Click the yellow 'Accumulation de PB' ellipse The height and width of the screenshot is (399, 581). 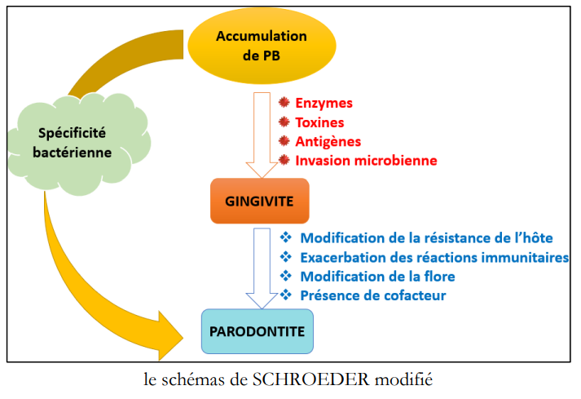(x=262, y=46)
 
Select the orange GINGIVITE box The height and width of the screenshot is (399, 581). (x=259, y=201)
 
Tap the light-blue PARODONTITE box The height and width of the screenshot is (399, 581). (x=257, y=331)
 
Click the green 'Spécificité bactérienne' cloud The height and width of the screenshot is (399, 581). (x=78, y=144)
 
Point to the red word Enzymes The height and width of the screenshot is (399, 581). (x=324, y=103)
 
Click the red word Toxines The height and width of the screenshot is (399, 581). (x=319, y=122)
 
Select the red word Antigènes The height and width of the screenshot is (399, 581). (x=328, y=141)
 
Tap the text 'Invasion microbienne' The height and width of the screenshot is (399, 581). (x=366, y=161)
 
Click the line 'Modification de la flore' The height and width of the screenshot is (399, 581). (x=377, y=276)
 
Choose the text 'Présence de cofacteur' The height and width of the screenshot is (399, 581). (x=373, y=295)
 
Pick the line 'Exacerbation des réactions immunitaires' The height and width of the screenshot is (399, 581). (x=434, y=257)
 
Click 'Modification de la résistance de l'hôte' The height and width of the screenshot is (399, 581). (x=426, y=238)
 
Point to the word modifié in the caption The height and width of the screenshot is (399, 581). (x=403, y=379)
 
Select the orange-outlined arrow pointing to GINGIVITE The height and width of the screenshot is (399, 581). (x=262, y=135)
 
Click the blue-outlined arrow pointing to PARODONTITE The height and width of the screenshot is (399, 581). (x=262, y=268)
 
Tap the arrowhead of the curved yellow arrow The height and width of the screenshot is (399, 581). (x=170, y=336)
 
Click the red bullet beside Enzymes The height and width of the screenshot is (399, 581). (x=284, y=102)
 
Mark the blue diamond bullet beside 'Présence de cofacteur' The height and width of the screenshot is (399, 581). (x=286, y=295)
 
